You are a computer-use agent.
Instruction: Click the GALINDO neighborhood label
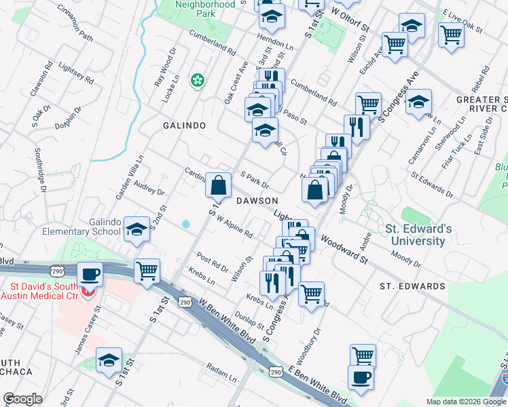click(x=184, y=126)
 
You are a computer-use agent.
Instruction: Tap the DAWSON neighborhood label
click(x=257, y=201)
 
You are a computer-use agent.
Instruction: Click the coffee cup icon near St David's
click(x=90, y=275)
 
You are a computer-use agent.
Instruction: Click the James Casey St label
click(x=88, y=329)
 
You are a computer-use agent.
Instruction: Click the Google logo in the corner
click(x=22, y=399)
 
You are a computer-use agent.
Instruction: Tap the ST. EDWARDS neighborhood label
click(x=412, y=286)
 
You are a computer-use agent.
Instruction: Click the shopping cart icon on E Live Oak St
click(x=451, y=34)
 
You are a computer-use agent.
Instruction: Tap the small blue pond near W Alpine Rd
click(x=185, y=223)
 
